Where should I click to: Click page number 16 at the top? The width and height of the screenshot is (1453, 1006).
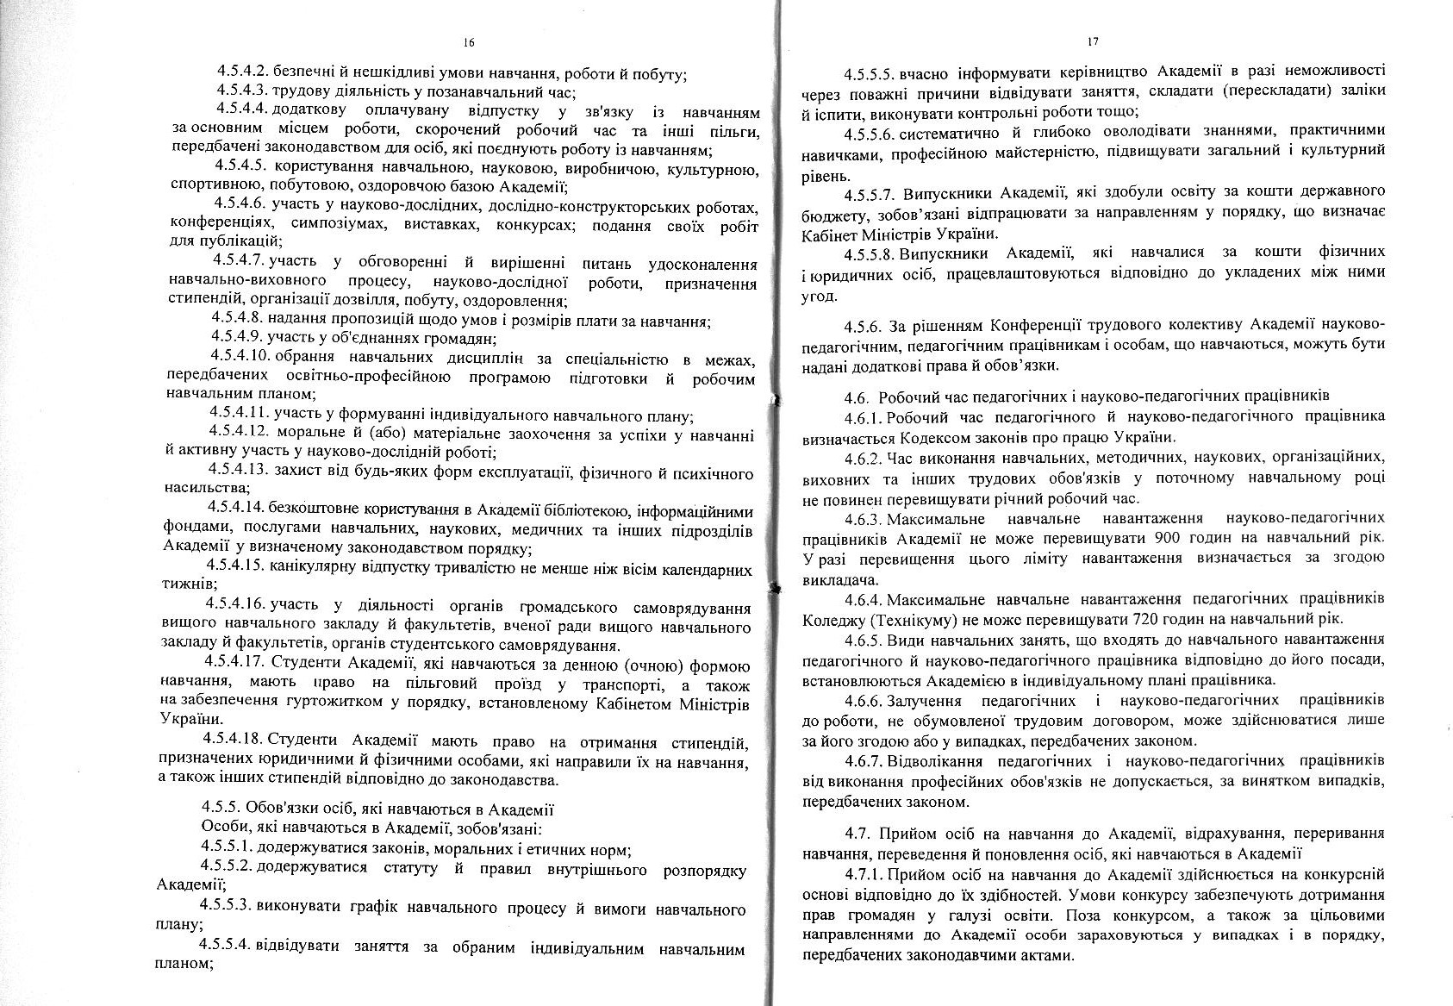469,41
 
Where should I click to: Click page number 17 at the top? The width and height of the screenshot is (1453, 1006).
1093,41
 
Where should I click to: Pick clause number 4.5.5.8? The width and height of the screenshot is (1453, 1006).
872,253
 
